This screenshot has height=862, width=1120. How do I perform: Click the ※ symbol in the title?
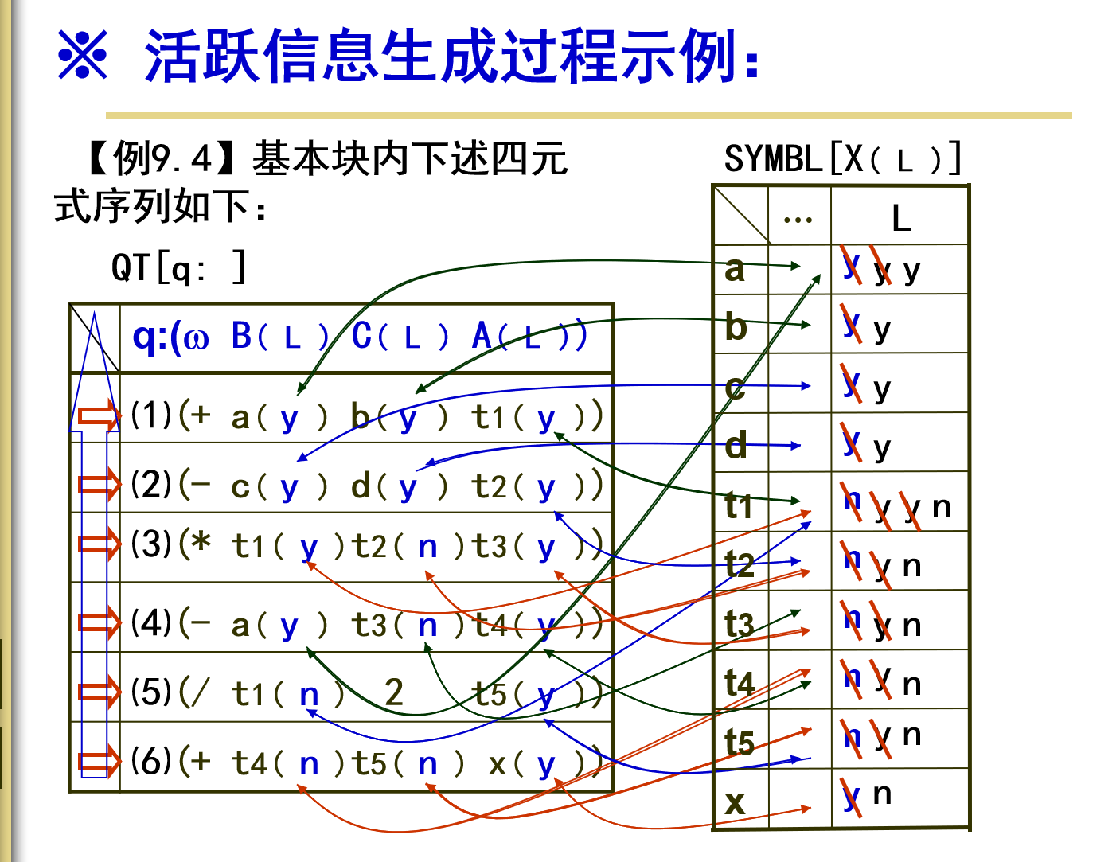pyautogui.click(x=83, y=55)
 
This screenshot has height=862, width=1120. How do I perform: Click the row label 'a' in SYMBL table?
pyautogui.click(x=735, y=269)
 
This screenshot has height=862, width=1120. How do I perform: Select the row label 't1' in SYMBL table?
pyautogui.click(x=738, y=505)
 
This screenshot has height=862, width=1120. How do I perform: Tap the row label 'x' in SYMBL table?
pyautogui.click(x=735, y=801)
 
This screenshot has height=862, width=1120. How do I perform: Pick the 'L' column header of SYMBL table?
pyautogui.click(x=900, y=218)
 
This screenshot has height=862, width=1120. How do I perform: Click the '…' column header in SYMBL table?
pyautogui.click(x=798, y=218)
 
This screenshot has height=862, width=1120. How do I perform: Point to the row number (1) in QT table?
pyautogui.click(x=151, y=415)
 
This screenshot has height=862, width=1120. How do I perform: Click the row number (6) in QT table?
pyautogui.click(x=151, y=761)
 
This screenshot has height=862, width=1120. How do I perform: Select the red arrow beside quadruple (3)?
pyautogui.click(x=99, y=544)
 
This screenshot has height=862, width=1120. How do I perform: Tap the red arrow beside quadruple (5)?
pyautogui.click(x=99, y=691)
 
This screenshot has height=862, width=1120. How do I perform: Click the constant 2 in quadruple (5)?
pyautogui.click(x=393, y=692)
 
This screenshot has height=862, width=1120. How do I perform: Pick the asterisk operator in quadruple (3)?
pyautogui.click(x=202, y=544)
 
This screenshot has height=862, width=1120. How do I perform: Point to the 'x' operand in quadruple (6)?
pyautogui.click(x=497, y=764)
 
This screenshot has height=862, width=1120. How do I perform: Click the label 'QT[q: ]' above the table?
pyautogui.click(x=178, y=267)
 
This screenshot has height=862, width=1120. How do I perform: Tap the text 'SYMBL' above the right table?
pyautogui.click(x=772, y=159)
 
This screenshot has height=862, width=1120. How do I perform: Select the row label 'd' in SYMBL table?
pyautogui.click(x=736, y=446)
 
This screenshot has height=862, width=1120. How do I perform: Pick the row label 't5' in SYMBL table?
pyautogui.click(x=739, y=742)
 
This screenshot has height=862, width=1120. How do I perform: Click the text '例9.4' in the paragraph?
pyautogui.click(x=162, y=158)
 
